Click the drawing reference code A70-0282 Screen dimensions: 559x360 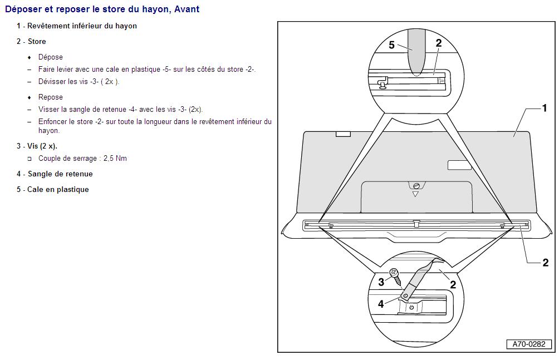pos(529,344)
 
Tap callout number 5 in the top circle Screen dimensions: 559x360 pos(391,45)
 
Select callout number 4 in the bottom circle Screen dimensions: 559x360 pos(381,304)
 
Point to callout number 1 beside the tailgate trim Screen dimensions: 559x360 pos(545,107)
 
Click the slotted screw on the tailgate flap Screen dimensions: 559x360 pos(416,186)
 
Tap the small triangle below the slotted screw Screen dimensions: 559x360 pos(415,194)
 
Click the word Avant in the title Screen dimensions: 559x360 pos(187,9)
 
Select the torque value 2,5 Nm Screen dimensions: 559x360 pos(115,158)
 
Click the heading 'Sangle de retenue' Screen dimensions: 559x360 pos(60,174)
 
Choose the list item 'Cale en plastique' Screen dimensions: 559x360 pos(58,190)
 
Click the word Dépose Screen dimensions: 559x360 pos(51,57)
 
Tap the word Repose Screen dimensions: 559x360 pos(51,97)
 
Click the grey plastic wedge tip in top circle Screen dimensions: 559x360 pos(416,72)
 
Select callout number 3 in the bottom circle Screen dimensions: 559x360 pos(381,282)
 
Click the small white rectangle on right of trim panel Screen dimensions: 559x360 pos(459,165)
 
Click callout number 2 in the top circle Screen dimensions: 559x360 pos(439,43)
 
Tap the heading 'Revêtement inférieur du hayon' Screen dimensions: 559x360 pos(82,26)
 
